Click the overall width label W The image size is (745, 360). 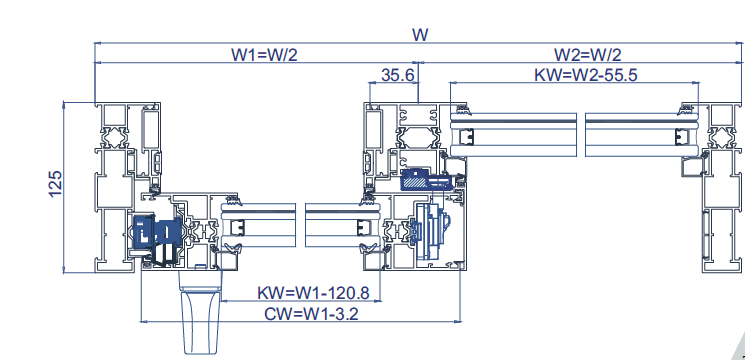(420, 35)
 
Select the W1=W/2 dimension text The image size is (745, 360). (264, 55)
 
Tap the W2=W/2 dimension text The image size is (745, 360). (588, 55)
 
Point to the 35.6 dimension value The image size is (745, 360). (398, 75)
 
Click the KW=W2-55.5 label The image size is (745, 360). (586, 75)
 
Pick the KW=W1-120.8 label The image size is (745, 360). (313, 293)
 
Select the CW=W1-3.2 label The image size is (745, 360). (311, 314)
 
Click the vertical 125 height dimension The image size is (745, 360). (55, 183)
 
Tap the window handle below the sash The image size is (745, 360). (201, 312)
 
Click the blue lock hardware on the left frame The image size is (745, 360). (157, 231)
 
